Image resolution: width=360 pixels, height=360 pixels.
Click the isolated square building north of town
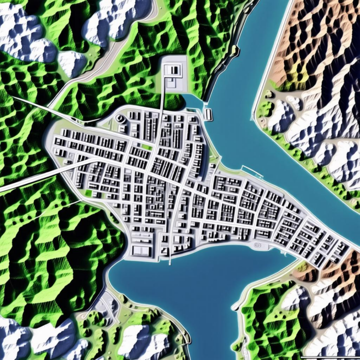coord(173,77)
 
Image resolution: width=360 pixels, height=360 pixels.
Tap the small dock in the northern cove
coord(208,114)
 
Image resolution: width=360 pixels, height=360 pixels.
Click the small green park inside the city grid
coord(146,147)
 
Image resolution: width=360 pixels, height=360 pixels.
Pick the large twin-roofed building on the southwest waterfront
coord(141,250)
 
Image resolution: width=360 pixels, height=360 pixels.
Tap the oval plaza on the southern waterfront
coord(257,246)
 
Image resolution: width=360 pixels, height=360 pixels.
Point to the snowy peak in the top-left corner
coord(22,33)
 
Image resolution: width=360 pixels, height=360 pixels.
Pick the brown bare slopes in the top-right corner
coord(305,38)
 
